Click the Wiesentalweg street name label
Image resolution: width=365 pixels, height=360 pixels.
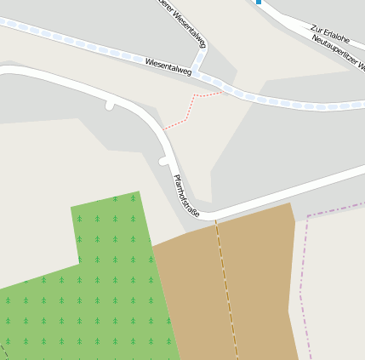click(x=168, y=66)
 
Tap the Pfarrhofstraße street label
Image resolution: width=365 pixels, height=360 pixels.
click(x=185, y=196)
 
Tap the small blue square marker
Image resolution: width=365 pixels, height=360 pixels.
click(x=259, y=2)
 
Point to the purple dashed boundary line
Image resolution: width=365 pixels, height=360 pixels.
click(x=302, y=281)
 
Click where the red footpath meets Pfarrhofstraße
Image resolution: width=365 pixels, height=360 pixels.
click(x=163, y=129)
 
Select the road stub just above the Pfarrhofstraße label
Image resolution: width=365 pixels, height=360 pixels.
click(x=164, y=161)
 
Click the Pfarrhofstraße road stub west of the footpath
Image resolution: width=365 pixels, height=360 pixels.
click(x=110, y=105)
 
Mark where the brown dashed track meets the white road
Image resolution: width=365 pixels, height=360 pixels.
click(x=215, y=219)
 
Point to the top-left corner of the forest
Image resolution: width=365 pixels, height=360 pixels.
click(x=71, y=207)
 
